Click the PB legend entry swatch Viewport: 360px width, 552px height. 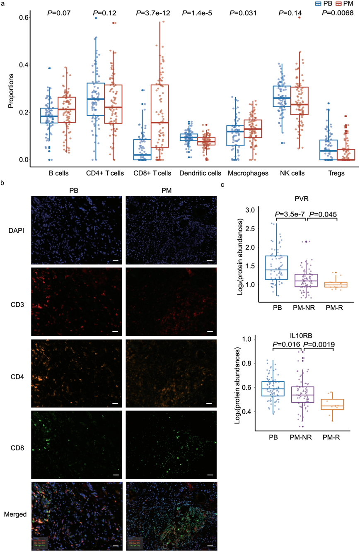tap(319, 3)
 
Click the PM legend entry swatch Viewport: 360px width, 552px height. tap(338, 3)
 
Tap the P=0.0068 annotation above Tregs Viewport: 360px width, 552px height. tap(338, 13)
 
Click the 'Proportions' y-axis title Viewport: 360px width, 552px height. tap(11, 92)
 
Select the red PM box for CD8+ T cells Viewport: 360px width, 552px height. tap(159, 116)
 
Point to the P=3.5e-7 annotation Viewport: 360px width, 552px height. tap(289, 214)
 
